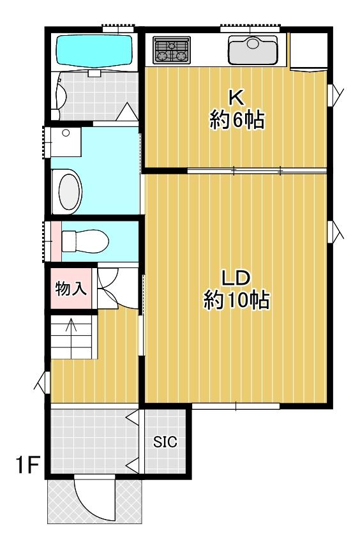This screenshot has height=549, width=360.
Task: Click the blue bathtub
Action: point(94,50)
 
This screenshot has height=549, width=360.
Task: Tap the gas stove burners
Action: point(172,50)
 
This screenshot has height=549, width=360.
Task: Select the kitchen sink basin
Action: point(253,50)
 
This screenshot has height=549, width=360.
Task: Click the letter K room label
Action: point(236,98)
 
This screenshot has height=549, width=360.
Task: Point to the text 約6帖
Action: point(237,120)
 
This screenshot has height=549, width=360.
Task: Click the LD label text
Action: point(236,278)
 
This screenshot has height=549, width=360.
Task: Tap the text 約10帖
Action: point(237,300)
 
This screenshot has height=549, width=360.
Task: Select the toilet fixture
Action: point(85,241)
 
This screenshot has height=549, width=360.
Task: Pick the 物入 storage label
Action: point(71,289)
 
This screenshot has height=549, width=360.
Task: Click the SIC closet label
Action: point(165,442)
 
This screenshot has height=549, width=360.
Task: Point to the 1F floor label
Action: point(27,464)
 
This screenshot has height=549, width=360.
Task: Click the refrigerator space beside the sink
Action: point(308,52)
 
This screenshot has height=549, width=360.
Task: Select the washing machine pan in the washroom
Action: point(66,142)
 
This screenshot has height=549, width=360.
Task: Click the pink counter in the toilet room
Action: point(56,241)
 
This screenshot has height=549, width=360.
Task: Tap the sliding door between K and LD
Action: point(257,171)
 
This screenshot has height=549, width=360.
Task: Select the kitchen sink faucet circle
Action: point(253,43)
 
